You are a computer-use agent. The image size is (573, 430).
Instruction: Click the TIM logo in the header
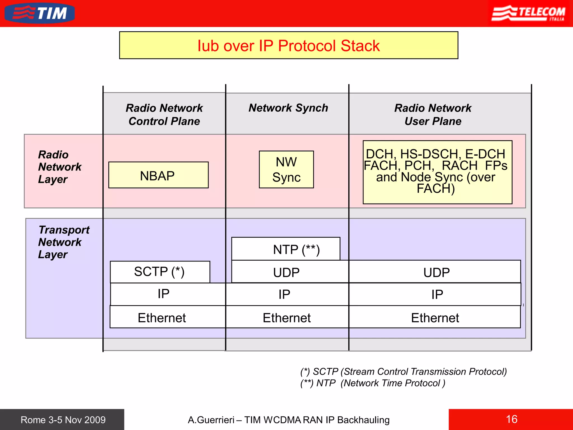[x=40, y=13]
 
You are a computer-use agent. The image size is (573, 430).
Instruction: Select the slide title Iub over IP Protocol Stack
[x=288, y=45]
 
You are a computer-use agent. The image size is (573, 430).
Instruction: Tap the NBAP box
[x=158, y=175]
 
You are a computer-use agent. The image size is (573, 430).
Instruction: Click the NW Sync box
[x=286, y=170]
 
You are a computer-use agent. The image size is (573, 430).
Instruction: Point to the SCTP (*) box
[x=160, y=272]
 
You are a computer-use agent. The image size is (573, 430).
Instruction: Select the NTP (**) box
[x=286, y=249]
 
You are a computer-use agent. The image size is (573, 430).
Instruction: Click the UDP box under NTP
[x=286, y=272]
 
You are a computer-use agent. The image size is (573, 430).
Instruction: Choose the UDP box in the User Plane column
[x=436, y=272]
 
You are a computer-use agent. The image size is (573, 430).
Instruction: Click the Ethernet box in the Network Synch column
[x=287, y=317]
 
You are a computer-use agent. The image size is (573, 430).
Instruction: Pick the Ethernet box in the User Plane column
[x=435, y=317]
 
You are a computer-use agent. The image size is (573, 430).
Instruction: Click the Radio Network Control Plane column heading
[x=164, y=114]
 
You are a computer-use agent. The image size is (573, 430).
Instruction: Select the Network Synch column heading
[x=288, y=108]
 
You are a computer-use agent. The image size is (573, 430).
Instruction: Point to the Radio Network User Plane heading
[x=433, y=114]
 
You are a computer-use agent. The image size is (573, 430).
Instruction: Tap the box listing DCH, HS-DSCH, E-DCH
[x=437, y=172]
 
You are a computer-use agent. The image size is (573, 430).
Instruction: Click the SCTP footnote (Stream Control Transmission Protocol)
[x=403, y=371]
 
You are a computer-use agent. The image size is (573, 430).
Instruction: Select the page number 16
[x=511, y=419]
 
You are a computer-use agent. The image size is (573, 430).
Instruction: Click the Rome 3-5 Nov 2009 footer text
[x=63, y=420]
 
